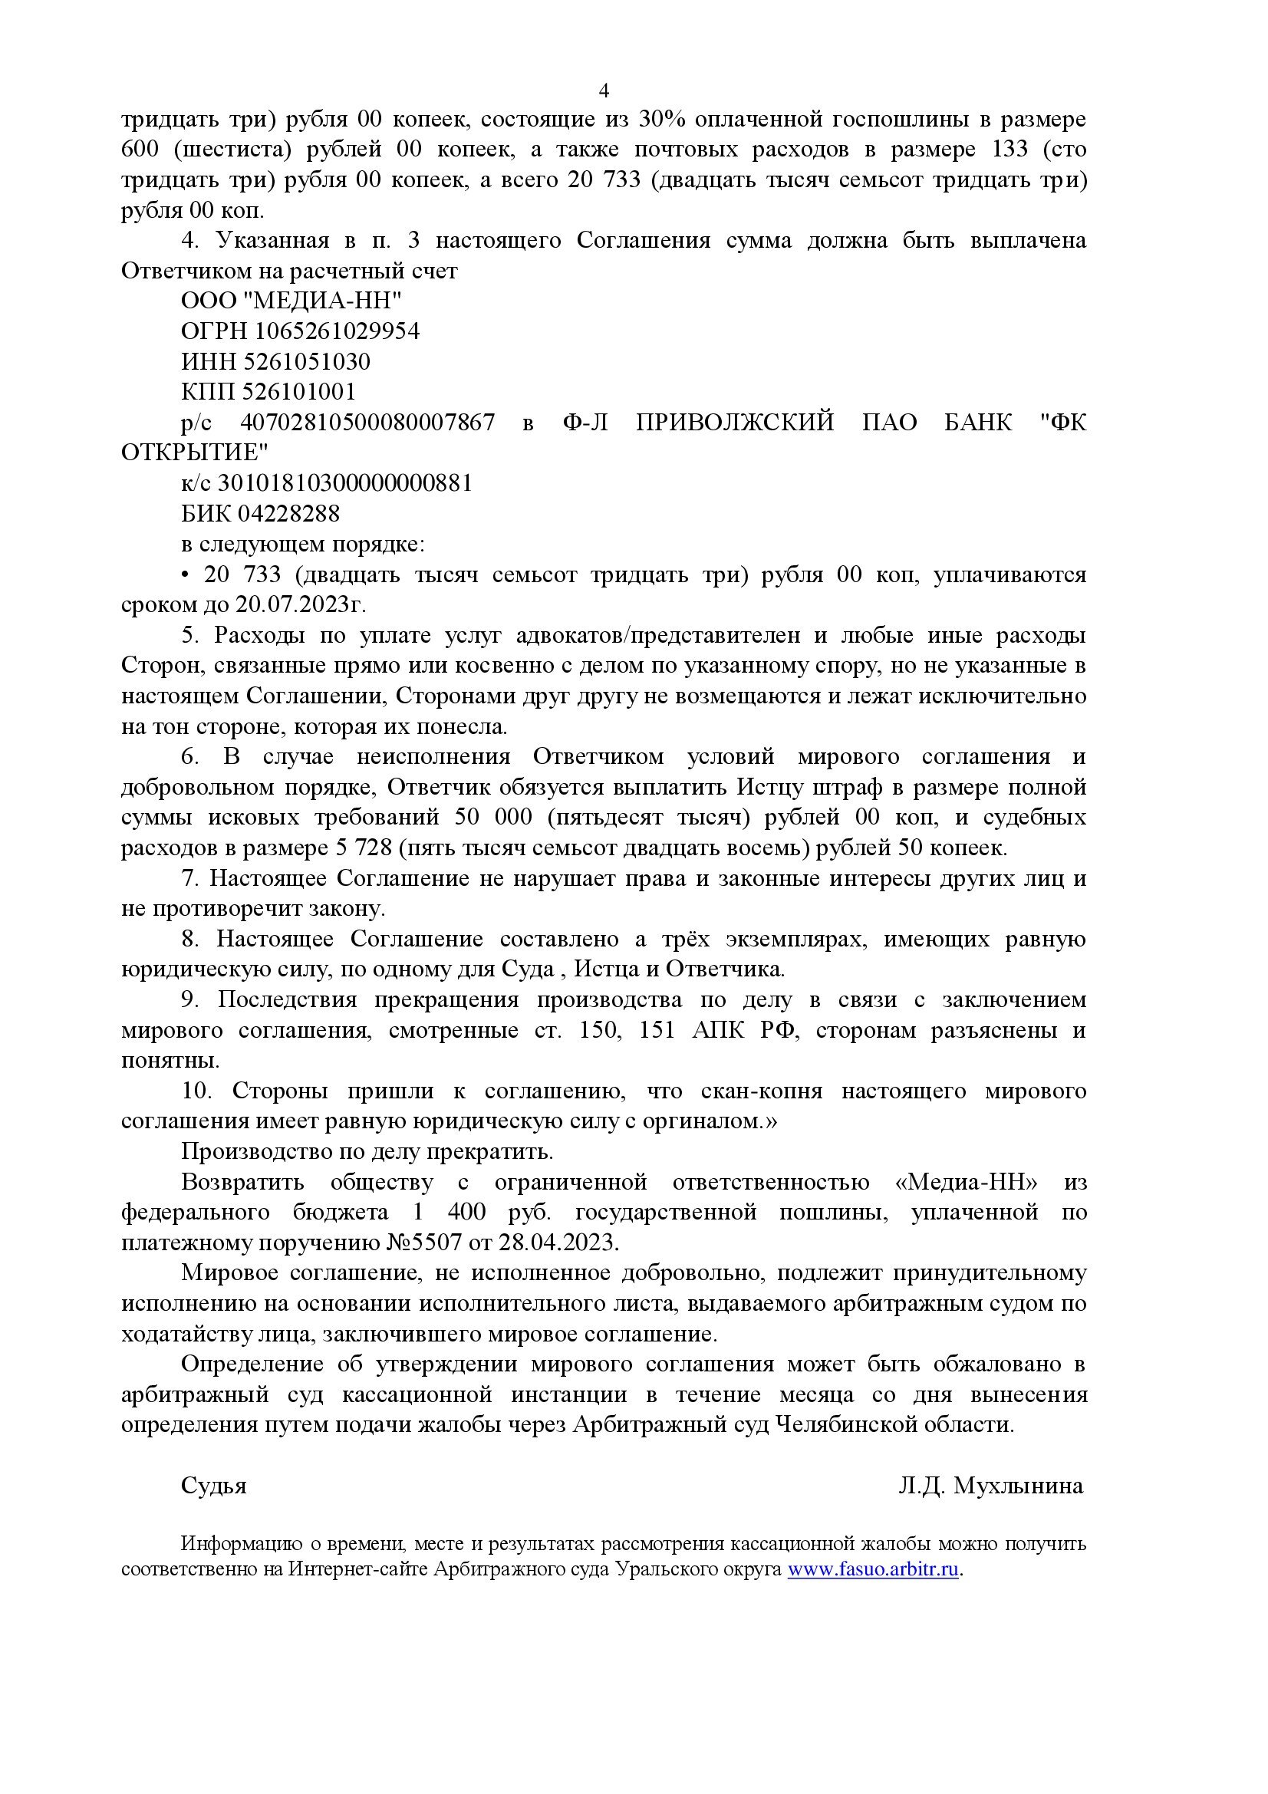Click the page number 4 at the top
pyautogui.click(x=603, y=91)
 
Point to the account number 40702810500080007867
pyautogui.click(x=367, y=423)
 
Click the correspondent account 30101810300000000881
pyautogui.click(x=344, y=483)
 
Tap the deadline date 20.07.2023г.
pyautogui.click(x=301, y=604)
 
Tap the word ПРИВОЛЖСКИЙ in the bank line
pyautogui.click(x=734, y=423)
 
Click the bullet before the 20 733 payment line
pyautogui.click(x=185, y=575)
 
